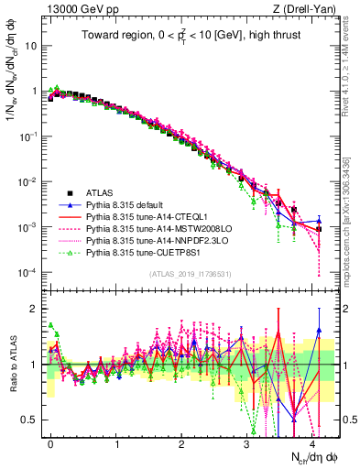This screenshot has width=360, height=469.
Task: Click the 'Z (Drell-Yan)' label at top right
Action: point(307,8)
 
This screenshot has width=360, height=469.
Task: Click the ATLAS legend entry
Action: point(100,193)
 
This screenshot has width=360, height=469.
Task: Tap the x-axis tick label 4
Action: point(312,441)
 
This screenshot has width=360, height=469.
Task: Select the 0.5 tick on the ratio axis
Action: point(31,420)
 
